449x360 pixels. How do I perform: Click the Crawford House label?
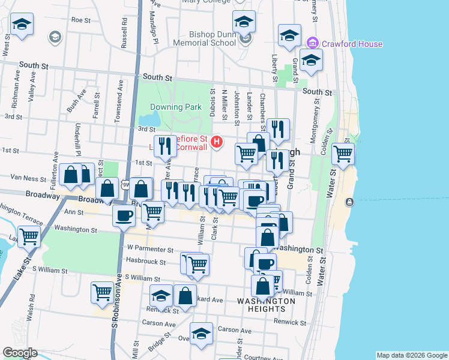tap(352, 44)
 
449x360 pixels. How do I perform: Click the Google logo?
tap(20, 353)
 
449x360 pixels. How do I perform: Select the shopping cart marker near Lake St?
tap(29, 235)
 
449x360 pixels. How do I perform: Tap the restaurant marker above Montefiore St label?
tap(164, 145)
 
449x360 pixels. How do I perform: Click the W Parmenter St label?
tap(149, 248)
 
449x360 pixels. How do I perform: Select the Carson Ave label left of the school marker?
tap(162, 324)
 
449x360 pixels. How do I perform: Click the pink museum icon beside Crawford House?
tap(312, 43)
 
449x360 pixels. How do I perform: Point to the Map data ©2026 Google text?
tap(411, 355)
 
